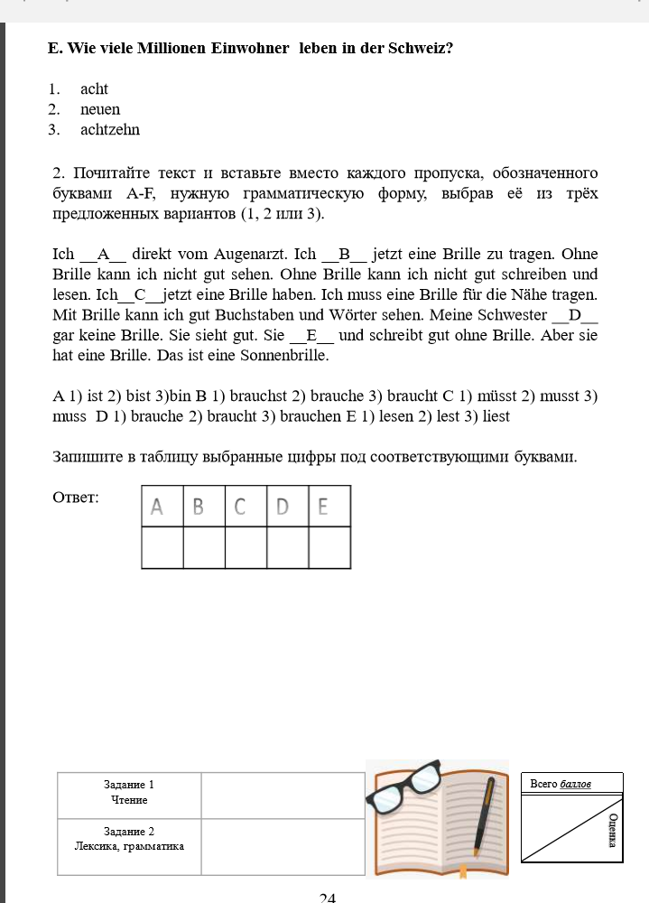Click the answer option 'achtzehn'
pos(109,130)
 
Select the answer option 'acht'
pos(94,89)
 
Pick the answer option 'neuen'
pos(99,109)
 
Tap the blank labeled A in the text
pos(103,255)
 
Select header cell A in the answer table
pos(162,507)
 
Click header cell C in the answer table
pos(246,507)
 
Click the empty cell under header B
pos(204,547)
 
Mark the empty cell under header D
pos(287,547)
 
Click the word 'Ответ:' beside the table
pos(77,498)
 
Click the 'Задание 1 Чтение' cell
pos(129,793)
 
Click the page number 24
pos(328,898)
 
